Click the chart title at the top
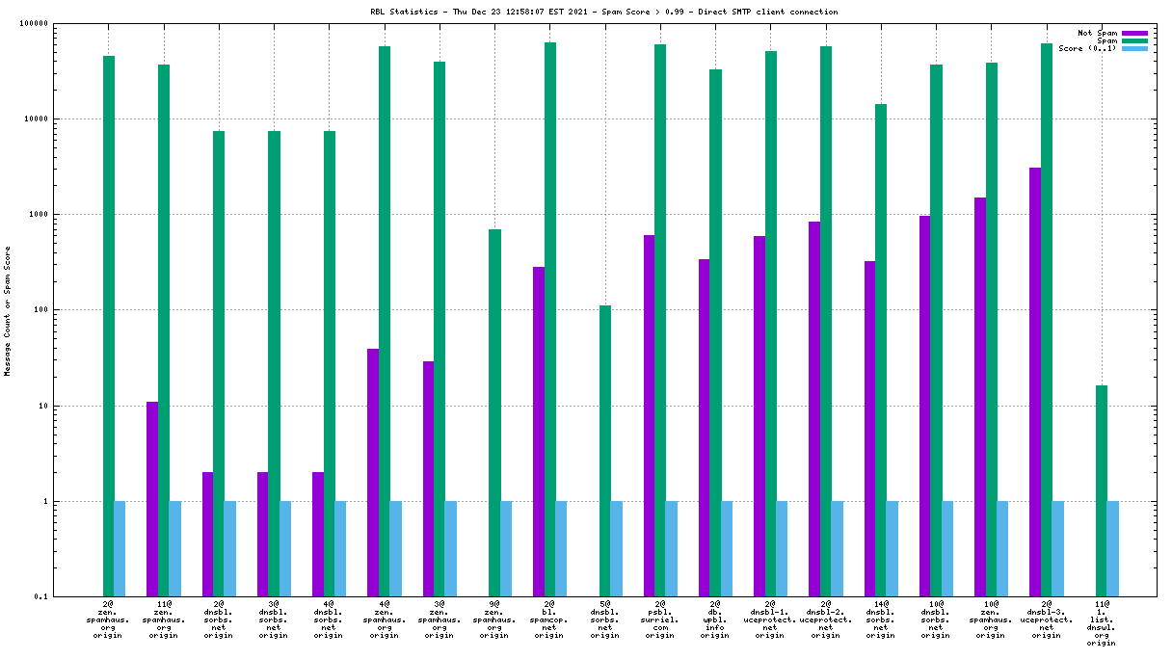603,12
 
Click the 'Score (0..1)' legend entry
1087,48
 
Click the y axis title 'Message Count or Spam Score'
8,310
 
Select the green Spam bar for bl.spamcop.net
550,318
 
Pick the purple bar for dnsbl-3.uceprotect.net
1035,382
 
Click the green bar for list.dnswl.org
1102,490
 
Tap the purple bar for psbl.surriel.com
650,415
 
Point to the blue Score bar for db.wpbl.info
727,548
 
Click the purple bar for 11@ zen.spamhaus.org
152,498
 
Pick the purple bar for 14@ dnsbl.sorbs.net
870,429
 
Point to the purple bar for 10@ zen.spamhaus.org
980,396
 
